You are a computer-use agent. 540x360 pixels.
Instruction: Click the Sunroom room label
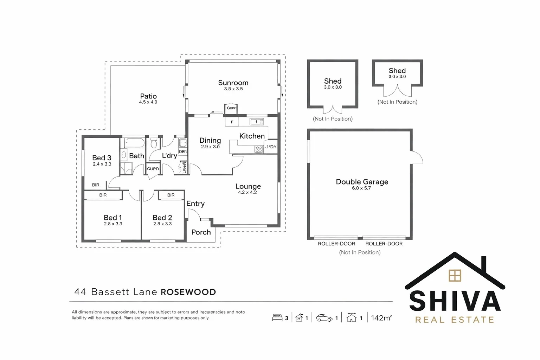click(x=233, y=83)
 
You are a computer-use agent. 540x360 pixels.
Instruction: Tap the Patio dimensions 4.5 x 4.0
click(x=148, y=102)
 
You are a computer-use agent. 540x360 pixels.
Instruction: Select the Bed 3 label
click(x=102, y=158)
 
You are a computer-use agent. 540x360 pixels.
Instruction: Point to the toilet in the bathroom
click(x=154, y=143)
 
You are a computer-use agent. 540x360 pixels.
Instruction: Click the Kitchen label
click(x=252, y=136)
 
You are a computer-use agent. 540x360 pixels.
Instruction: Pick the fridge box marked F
click(x=232, y=122)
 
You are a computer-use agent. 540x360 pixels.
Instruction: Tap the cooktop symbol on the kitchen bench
click(x=259, y=149)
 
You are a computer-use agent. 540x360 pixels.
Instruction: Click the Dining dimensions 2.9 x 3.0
click(x=210, y=147)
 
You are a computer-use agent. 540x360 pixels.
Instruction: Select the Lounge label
click(x=248, y=186)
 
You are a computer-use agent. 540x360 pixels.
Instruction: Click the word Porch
click(x=201, y=232)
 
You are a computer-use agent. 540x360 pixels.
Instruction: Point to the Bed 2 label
click(x=162, y=218)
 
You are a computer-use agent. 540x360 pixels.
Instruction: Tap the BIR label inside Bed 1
click(x=103, y=195)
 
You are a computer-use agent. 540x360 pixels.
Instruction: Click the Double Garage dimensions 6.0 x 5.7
click(x=361, y=188)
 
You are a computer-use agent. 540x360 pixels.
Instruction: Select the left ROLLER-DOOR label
click(x=336, y=244)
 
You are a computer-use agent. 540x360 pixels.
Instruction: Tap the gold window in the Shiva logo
click(x=455, y=276)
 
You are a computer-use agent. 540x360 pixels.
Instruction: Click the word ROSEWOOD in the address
click(x=188, y=292)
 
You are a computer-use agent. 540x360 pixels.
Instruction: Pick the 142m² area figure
click(x=381, y=318)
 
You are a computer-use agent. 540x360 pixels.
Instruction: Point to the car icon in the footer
click(x=324, y=318)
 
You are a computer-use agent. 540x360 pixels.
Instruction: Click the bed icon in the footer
click(x=277, y=318)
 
